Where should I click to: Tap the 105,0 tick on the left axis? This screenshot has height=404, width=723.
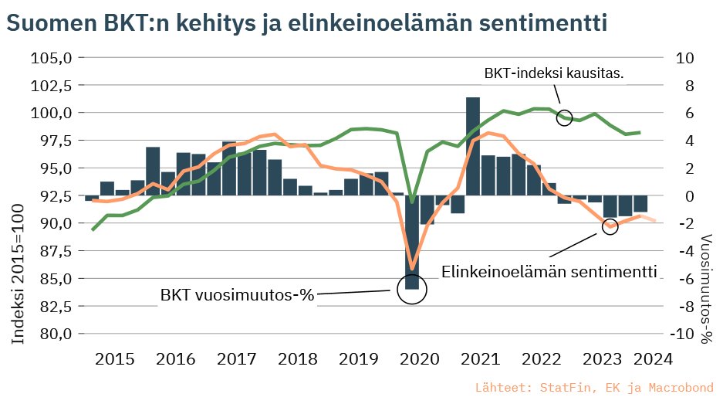point(50,58)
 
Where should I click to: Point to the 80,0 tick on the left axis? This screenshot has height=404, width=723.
point(52,334)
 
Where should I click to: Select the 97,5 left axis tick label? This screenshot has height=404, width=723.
point(52,141)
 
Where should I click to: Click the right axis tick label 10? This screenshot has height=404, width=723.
point(685,58)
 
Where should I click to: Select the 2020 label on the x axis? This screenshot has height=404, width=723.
point(420,359)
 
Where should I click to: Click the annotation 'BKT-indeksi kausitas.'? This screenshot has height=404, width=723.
point(553,73)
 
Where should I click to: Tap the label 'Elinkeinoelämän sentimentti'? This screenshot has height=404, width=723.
point(549,272)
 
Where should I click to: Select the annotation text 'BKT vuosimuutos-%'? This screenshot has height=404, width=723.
point(238,295)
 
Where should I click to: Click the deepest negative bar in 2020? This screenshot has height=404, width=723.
point(412,243)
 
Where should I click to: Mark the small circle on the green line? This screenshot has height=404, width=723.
point(564,117)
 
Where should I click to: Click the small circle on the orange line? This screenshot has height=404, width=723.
point(610,226)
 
